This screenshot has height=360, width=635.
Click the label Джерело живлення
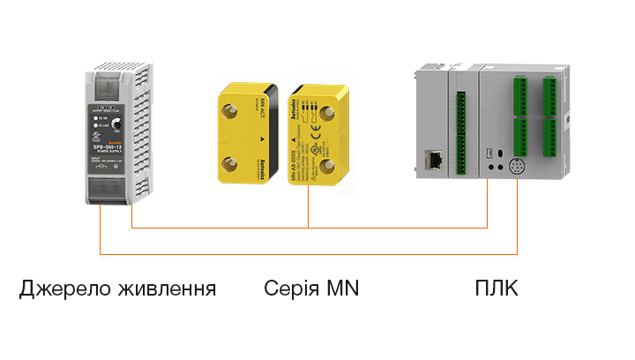[x=117, y=289]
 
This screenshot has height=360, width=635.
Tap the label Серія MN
[x=311, y=289]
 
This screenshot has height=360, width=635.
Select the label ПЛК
[x=497, y=289]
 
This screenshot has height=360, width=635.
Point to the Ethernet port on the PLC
[x=435, y=160]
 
